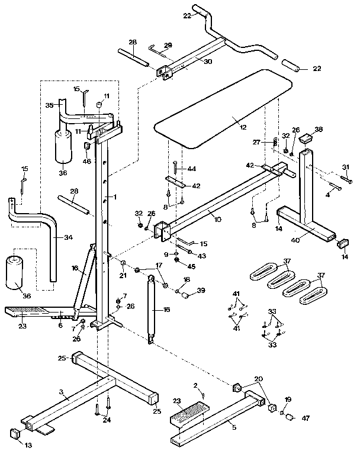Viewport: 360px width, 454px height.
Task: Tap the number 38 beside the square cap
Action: pyautogui.click(x=319, y=129)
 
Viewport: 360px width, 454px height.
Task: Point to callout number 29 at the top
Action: pyautogui.click(x=168, y=45)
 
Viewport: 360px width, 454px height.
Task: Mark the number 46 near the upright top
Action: pyautogui.click(x=87, y=160)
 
